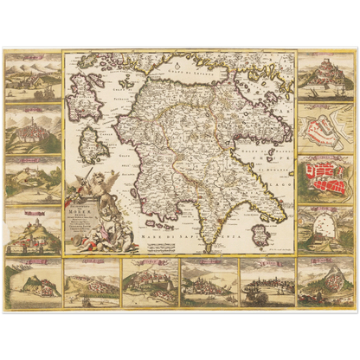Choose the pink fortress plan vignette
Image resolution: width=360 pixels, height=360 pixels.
pos(325,124)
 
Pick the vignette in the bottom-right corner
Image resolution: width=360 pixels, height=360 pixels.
pos(325,282)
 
